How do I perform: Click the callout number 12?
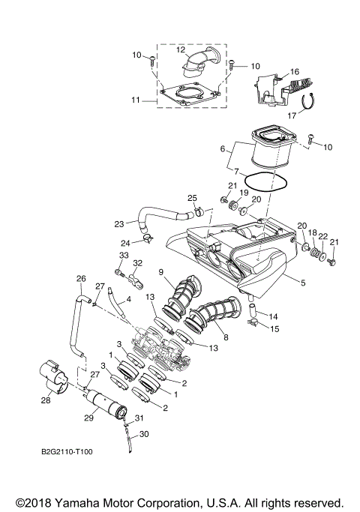(x=181, y=49)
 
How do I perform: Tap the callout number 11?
(x=136, y=99)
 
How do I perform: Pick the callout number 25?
(x=192, y=198)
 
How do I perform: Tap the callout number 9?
(x=160, y=271)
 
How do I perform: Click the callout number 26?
(x=80, y=278)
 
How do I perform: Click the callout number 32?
(x=137, y=263)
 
